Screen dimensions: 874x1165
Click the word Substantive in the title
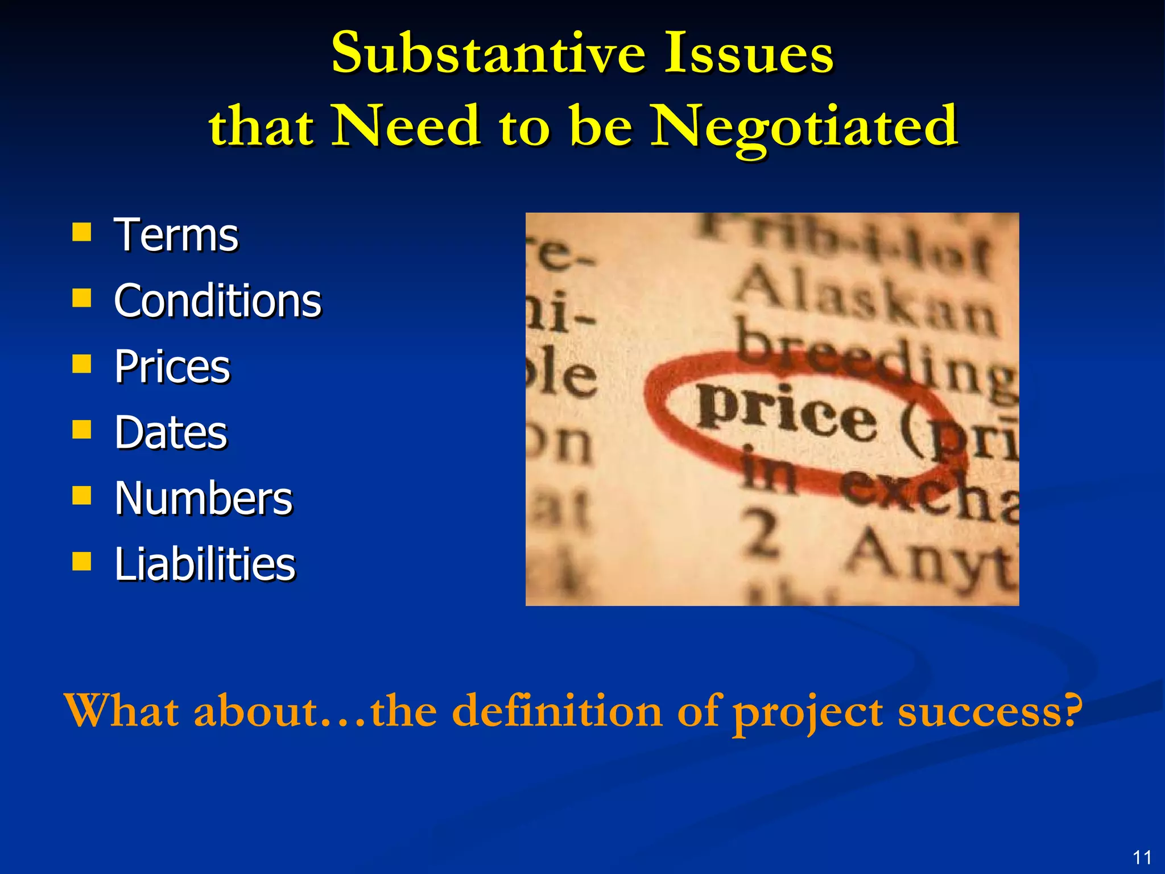tap(489, 53)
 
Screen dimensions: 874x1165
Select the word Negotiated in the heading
tap(804, 126)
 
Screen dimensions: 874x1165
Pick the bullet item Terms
tap(176, 235)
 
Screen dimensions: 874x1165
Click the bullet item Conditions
tap(217, 300)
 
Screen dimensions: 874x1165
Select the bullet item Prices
tap(172, 366)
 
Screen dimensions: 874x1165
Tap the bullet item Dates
tap(171, 432)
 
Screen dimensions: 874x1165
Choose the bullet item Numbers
tap(203, 498)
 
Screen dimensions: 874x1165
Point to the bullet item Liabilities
tap(205, 564)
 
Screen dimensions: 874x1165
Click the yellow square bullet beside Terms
tap(82, 232)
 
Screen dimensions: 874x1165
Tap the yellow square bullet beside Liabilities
tap(82, 560)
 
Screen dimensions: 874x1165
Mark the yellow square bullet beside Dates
tap(82, 430)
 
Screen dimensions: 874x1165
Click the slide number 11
tap(1142, 857)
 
